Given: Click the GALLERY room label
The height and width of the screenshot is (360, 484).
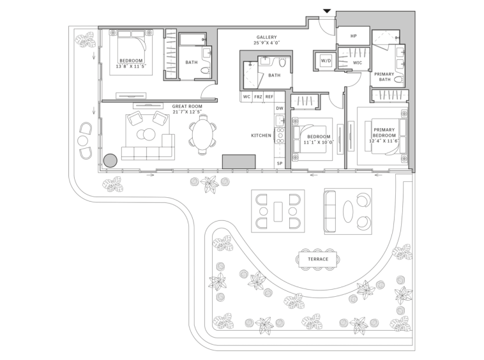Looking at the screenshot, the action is pyautogui.click(x=266, y=37).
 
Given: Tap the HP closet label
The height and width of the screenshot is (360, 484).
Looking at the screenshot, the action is pyautogui.click(x=354, y=36).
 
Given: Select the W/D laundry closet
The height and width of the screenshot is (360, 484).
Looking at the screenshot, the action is pyautogui.click(x=326, y=61).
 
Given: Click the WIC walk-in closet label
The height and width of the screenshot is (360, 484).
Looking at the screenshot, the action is pyautogui.click(x=358, y=63).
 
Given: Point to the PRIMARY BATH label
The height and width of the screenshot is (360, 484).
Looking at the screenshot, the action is pyautogui.click(x=384, y=77).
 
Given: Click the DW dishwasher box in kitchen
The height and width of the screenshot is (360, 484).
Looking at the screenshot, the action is pyautogui.click(x=279, y=108).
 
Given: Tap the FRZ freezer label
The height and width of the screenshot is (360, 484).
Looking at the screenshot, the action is pyautogui.click(x=258, y=97).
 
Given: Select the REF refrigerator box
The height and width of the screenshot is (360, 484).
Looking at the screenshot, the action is pyautogui.click(x=269, y=97).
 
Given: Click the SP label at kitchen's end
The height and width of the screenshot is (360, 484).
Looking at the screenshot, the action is pyautogui.click(x=280, y=163).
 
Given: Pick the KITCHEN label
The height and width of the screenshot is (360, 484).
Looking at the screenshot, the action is pyautogui.click(x=261, y=135).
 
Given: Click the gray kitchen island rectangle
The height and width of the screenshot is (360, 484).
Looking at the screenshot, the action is pyautogui.click(x=239, y=161).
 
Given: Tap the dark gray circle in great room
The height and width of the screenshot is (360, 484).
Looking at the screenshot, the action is pyautogui.click(x=110, y=161).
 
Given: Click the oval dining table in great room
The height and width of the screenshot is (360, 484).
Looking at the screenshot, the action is pyautogui.click(x=202, y=135).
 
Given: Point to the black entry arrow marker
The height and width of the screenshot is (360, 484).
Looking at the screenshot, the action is pyautogui.click(x=327, y=11).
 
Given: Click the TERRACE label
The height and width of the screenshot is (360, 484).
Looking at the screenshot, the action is pyautogui.click(x=318, y=259).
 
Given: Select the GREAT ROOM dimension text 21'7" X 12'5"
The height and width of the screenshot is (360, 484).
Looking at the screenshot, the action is pyautogui.click(x=187, y=112).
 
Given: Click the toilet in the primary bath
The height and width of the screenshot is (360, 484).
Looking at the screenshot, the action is pyautogui.click(x=398, y=79).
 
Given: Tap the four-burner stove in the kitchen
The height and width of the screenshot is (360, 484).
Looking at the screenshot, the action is pyautogui.click(x=280, y=135).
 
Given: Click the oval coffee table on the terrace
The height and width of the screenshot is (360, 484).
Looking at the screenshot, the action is pyautogui.click(x=348, y=212).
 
